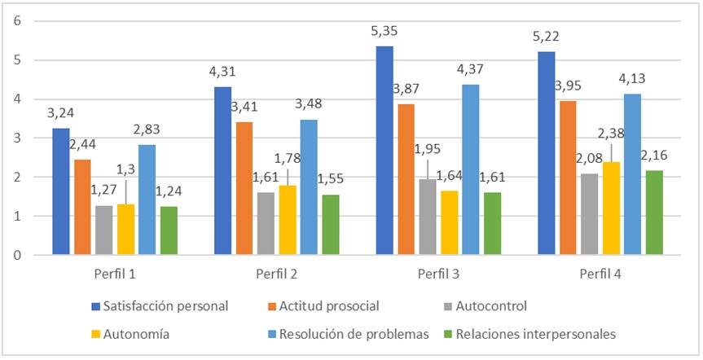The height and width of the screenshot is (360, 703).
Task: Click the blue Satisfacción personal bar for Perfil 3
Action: (x=384, y=151)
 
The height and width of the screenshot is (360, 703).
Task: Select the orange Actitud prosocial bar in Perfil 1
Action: (x=82, y=207)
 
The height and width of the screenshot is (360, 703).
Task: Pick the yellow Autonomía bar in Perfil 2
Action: (x=287, y=220)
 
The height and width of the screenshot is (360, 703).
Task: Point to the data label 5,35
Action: (x=384, y=33)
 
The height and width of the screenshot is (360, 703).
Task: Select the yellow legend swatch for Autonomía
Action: (x=96, y=332)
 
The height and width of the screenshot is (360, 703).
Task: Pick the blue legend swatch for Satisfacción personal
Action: (x=96, y=307)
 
